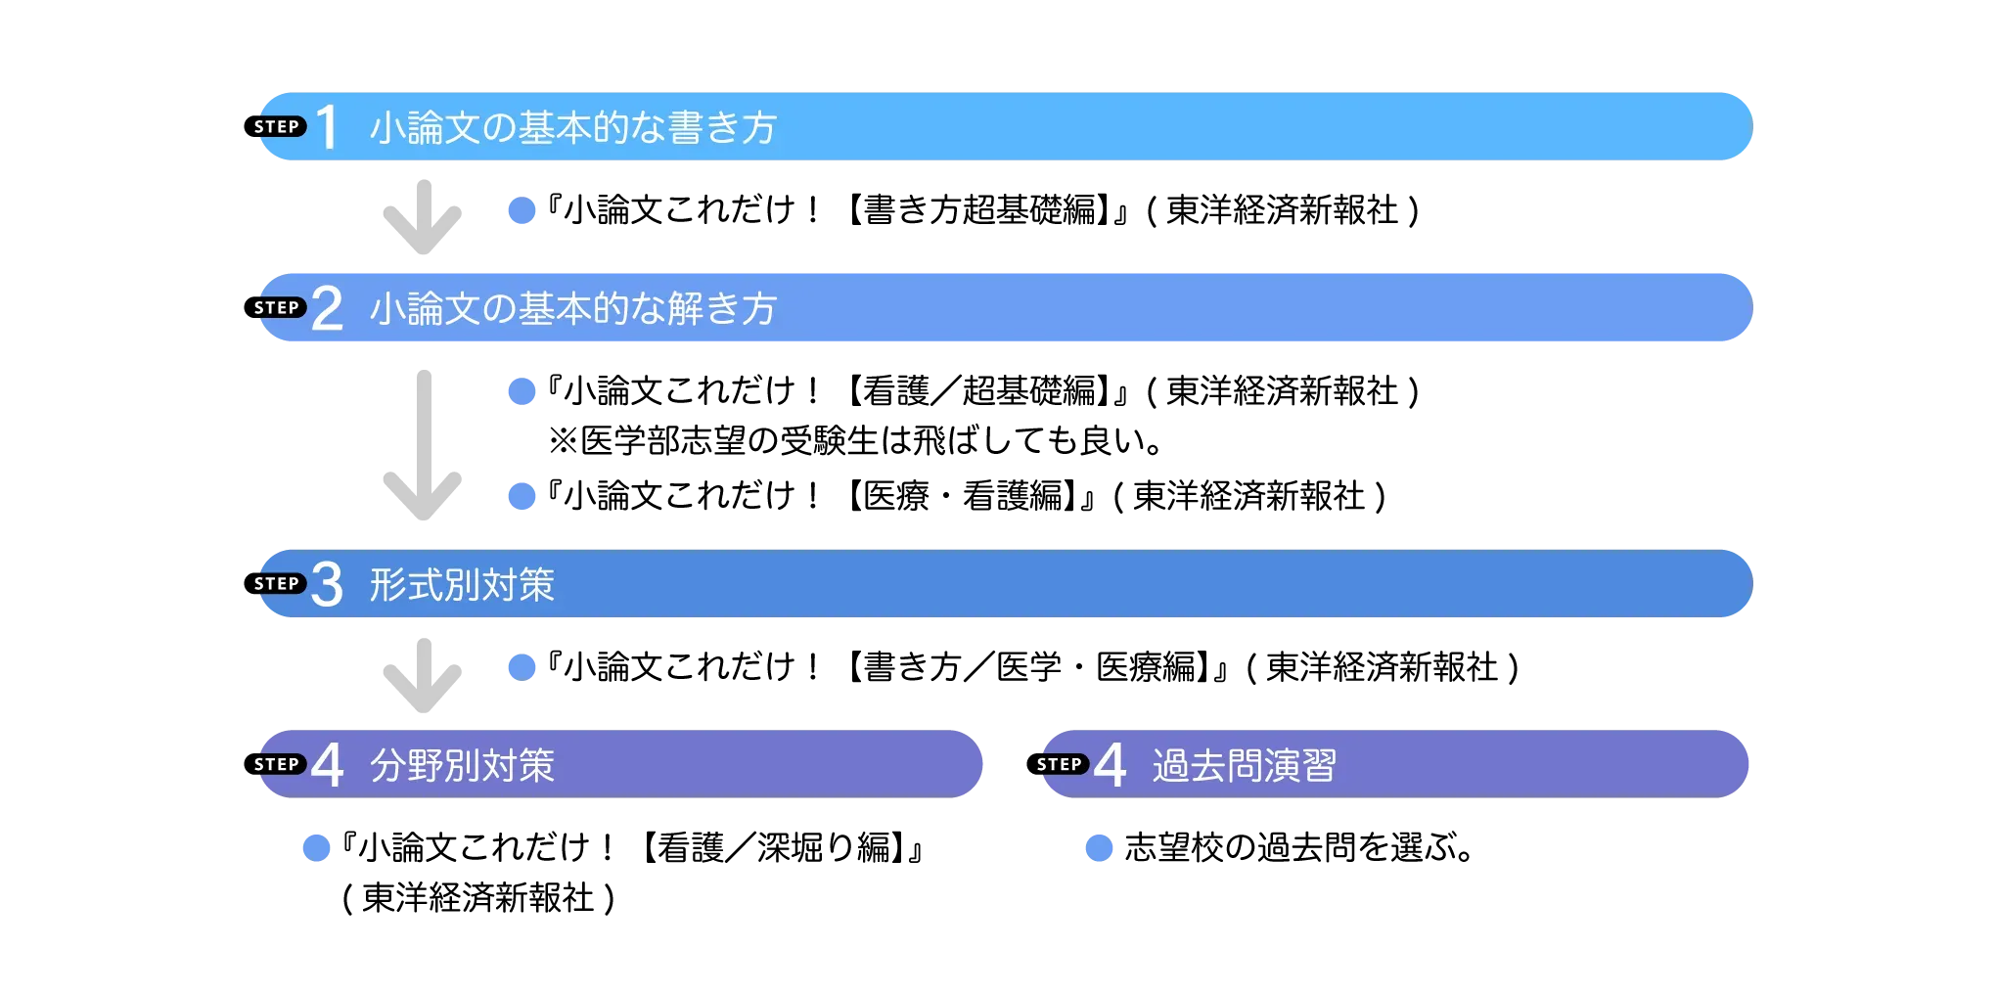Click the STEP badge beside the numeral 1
(279, 127)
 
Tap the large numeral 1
(328, 127)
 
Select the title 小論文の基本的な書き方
(573, 128)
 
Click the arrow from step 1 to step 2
(421, 216)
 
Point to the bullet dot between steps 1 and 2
(522, 210)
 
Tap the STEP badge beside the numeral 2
(279, 308)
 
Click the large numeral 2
(328, 308)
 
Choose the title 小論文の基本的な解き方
(573, 309)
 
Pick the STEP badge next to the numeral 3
(279, 584)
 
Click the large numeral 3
(328, 584)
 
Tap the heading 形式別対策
(462, 585)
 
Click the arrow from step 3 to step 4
(421, 676)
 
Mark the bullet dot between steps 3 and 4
(522, 667)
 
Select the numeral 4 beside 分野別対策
(328, 764)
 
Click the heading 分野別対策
(462, 765)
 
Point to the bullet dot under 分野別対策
(317, 847)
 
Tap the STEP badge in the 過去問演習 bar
(1062, 764)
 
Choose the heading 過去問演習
(1245, 765)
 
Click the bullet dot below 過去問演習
(1100, 847)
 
